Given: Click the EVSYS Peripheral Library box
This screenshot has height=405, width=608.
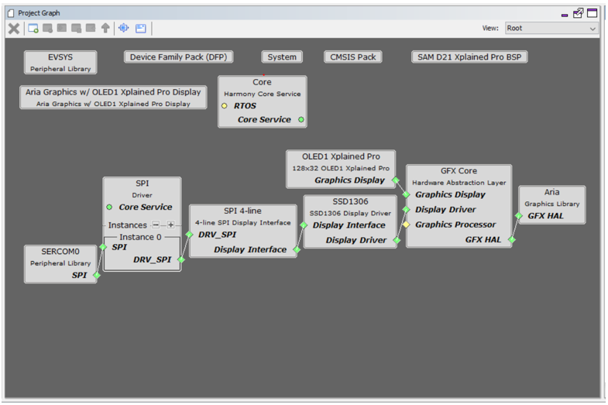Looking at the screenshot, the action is click(60, 63).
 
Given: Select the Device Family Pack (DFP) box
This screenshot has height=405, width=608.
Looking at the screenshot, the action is click(178, 57).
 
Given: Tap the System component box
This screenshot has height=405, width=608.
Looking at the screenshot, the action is click(282, 57).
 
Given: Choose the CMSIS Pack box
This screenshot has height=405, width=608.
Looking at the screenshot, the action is click(353, 57).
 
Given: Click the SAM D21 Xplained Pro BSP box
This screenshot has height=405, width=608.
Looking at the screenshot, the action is click(469, 57).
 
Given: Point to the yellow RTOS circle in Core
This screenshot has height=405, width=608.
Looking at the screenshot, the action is click(224, 106).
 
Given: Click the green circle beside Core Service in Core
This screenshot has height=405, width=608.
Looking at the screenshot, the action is click(301, 120).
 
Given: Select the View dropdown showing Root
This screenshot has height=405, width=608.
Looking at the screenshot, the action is click(551, 29).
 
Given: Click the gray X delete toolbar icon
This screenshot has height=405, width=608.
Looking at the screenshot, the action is click(14, 29).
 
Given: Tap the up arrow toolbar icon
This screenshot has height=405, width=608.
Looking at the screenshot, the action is click(105, 28).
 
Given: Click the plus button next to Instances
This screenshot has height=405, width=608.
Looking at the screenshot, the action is click(170, 225).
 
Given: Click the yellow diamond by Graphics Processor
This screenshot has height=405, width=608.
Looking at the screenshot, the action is click(406, 225).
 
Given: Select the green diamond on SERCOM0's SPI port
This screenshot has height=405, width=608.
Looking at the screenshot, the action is click(97, 275).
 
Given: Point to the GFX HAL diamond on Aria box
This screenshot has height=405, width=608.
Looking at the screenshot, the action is click(518, 216).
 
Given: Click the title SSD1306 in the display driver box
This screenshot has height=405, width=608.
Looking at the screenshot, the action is click(350, 201).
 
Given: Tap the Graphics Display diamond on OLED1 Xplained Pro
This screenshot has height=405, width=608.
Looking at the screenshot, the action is click(396, 180).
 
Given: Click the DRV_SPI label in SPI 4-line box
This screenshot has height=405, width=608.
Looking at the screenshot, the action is click(217, 235).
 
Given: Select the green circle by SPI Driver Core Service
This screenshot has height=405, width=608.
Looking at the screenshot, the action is click(109, 207).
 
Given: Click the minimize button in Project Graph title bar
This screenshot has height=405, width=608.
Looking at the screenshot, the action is click(565, 15).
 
